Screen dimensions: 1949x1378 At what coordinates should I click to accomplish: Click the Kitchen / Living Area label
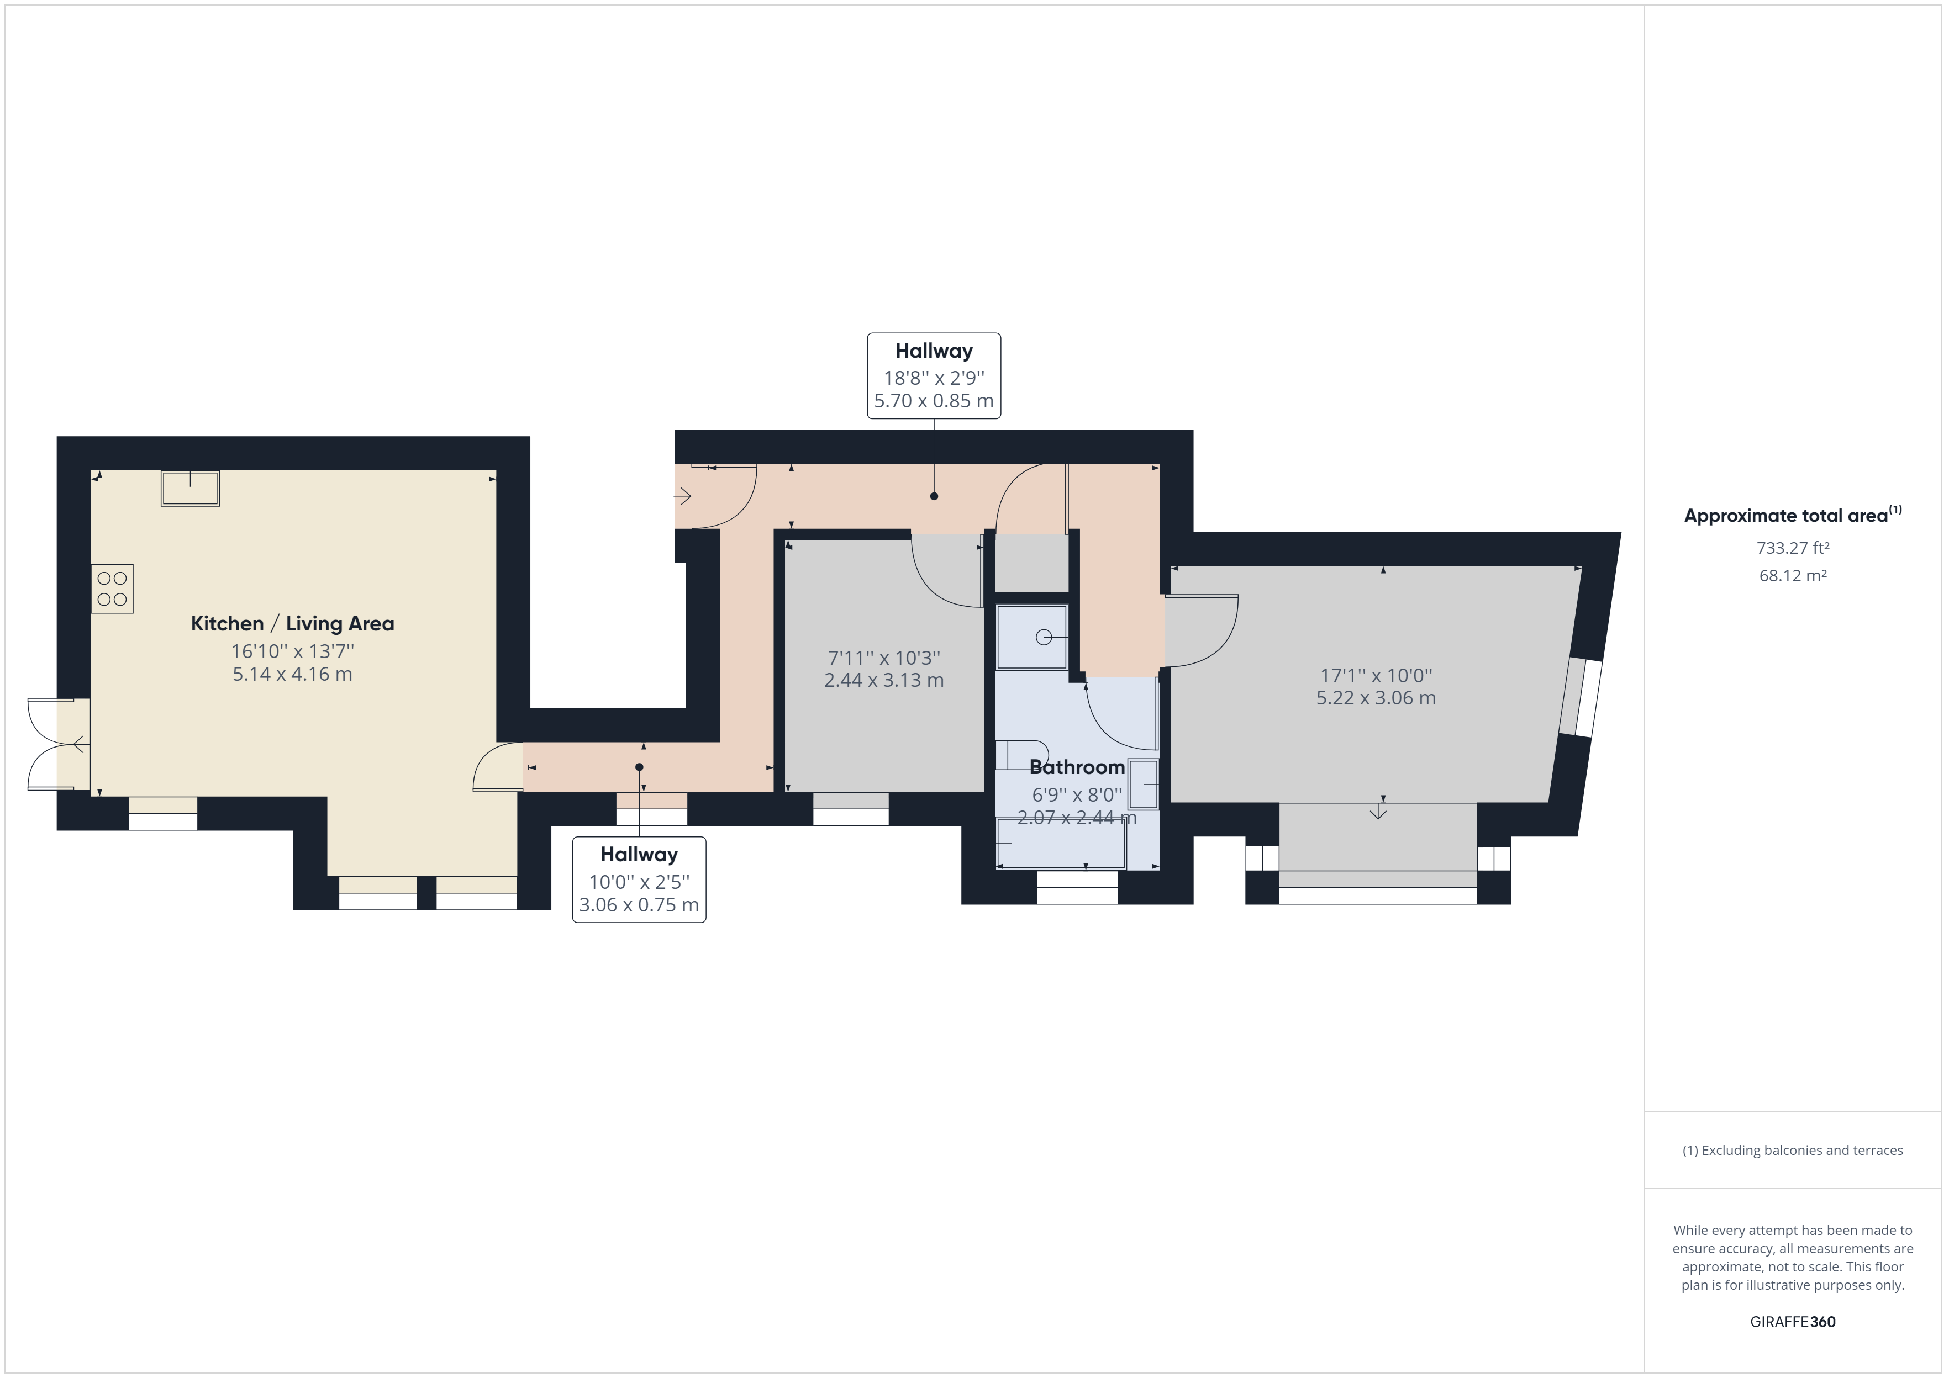click(292, 624)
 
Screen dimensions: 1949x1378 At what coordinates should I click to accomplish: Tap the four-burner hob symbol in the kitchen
click(112, 589)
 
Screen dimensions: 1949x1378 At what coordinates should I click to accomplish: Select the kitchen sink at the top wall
click(190, 489)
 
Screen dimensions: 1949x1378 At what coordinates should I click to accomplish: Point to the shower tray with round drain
click(1031, 637)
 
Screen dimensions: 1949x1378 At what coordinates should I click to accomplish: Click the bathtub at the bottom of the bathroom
click(1061, 844)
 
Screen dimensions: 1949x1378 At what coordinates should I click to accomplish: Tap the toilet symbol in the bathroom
click(1022, 754)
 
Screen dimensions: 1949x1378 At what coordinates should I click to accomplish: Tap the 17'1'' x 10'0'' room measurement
click(1376, 675)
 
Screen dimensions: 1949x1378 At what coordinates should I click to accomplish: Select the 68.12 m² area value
click(1793, 575)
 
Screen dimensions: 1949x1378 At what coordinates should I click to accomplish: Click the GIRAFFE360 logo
click(1793, 1321)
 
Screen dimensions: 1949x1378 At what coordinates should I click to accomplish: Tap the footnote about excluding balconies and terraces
click(1793, 1151)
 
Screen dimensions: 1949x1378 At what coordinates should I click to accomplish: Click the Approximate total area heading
click(1793, 515)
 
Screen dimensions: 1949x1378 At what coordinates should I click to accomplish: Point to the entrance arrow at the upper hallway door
click(682, 496)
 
